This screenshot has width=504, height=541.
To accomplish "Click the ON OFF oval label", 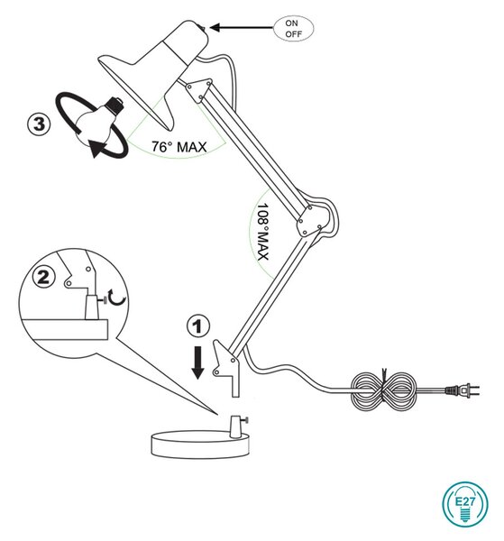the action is pyautogui.click(x=293, y=29).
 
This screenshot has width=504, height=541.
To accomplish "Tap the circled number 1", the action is pyautogui.click(x=198, y=326).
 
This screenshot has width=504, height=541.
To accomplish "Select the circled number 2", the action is pyautogui.click(x=43, y=278).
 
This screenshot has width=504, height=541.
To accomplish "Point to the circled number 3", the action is pyautogui.click(x=39, y=124).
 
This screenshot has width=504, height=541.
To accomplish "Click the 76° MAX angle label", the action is pyautogui.click(x=179, y=147).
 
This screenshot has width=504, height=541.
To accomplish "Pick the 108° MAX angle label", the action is pyautogui.click(x=263, y=232).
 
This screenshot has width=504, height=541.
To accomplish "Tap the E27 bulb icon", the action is pyautogui.click(x=465, y=504).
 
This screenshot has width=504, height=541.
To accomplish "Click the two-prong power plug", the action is pyautogui.click(x=462, y=390).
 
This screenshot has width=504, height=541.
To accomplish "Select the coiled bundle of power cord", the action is pyautogui.click(x=383, y=390).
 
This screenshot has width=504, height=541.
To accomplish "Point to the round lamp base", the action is pyautogui.click(x=200, y=444).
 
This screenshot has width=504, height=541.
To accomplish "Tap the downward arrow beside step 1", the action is pyautogui.click(x=198, y=363).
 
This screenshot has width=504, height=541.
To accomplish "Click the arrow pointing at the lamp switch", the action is pyautogui.click(x=242, y=28).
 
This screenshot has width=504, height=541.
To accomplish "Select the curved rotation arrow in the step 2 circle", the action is pyautogui.click(x=117, y=298).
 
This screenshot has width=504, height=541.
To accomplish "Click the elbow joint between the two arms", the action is pyautogui.click(x=310, y=221).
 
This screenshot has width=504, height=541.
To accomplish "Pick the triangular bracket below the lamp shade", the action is pyautogui.click(x=199, y=90).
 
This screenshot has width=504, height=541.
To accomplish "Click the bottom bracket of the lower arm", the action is pyautogui.click(x=226, y=368).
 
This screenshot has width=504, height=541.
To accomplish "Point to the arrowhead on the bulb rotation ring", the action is pyautogui.click(x=96, y=149).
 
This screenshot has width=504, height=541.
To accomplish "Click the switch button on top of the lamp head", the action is pyautogui.click(x=203, y=28).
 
